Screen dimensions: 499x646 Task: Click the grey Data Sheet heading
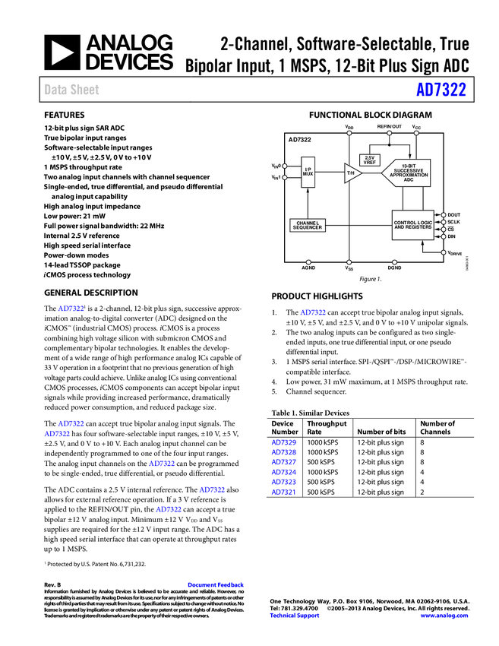[72, 90]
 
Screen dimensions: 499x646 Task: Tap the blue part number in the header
[441, 90]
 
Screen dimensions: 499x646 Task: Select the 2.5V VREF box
[370, 160]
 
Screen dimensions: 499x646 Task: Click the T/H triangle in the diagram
[352, 173]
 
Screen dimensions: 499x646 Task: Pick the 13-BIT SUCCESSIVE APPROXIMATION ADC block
[407, 173]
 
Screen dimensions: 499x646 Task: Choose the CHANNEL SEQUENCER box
[308, 226]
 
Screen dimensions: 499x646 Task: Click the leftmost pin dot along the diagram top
[349, 133]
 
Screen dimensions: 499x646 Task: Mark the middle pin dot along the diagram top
[389, 133]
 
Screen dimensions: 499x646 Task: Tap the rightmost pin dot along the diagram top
[416, 133]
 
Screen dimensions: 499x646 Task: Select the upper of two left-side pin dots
[285, 166]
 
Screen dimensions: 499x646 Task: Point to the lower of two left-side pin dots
[285, 178]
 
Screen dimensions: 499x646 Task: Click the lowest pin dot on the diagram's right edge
[444, 252]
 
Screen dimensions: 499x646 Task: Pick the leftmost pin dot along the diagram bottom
[308, 262]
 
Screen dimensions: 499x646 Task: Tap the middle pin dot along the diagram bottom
[349, 262]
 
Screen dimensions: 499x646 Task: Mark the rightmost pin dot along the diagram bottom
[394, 262]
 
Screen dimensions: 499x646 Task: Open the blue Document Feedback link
[216, 585]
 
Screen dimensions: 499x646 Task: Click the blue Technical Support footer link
[295, 616]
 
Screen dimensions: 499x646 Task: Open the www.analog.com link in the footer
[444, 616]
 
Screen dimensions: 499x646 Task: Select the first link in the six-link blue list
[283, 442]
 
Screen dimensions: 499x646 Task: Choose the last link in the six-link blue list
[283, 492]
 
